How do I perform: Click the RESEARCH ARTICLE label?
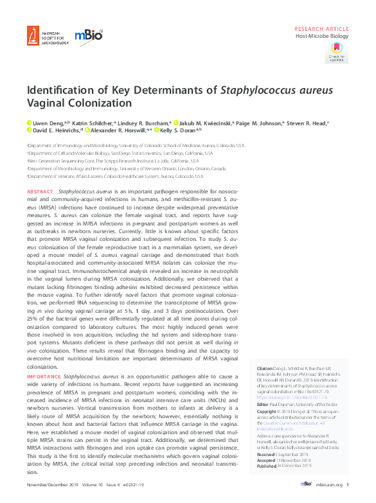pyautogui.click(x=321, y=30)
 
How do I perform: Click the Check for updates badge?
pyautogui.click(x=337, y=52)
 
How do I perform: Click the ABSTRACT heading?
pyautogui.click(x=40, y=192)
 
